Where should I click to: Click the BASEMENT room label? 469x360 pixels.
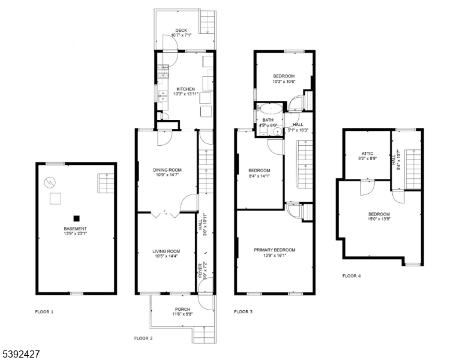(x=75, y=229)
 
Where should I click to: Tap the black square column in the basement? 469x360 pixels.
(x=77, y=218)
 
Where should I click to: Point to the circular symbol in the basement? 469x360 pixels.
(x=50, y=182)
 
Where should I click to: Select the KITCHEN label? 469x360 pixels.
(x=185, y=89)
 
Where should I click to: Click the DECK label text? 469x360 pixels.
(x=181, y=30)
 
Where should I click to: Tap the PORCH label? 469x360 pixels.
(x=182, y=309)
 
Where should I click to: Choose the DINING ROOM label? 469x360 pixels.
(x=167, y=170)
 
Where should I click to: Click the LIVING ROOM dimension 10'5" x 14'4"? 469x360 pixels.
(x=166, y=256)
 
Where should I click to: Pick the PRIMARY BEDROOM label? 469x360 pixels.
(x=275, y=250)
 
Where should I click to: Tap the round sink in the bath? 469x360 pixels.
(x=278, y=131)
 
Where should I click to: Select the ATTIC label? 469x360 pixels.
(x=367, y=154)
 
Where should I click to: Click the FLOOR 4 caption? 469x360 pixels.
(x=351, y=276)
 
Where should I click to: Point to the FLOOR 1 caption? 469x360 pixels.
(x=44, y=312)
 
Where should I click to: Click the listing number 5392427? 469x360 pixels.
(x=20, y=355)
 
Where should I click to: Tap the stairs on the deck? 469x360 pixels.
(x=208, y=22)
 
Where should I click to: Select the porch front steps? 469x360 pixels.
(x=204, y=334)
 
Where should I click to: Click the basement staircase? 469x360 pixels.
(x=106, y=183)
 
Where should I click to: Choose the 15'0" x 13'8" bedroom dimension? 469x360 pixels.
(x=379, y=219)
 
